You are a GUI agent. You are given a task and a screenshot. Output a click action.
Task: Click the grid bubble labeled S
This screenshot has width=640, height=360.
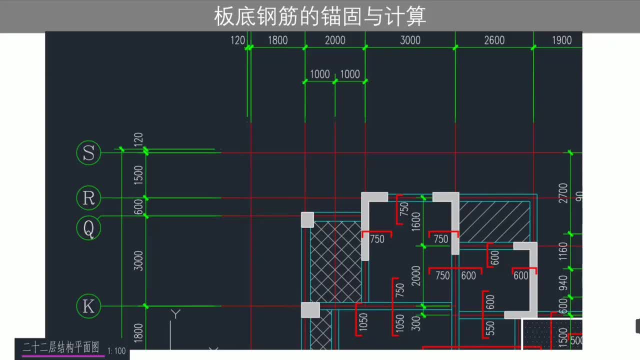[88, 153]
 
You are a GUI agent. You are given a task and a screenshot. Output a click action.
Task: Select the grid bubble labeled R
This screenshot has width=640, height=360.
[88, 198]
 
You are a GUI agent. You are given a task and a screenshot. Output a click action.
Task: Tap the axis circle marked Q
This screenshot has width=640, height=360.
[88, 228]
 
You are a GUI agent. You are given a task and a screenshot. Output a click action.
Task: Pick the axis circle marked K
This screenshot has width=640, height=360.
[88, 306]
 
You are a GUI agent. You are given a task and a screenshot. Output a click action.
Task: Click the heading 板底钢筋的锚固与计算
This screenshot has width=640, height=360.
[320, 16]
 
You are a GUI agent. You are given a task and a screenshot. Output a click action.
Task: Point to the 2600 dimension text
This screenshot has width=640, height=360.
[494, 40]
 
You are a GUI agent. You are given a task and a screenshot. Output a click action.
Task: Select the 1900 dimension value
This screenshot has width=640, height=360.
[561, 40]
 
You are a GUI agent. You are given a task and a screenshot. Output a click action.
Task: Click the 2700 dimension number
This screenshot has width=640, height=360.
[563, 193]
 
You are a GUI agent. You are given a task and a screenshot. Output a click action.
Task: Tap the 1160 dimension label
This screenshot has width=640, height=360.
[563, 251]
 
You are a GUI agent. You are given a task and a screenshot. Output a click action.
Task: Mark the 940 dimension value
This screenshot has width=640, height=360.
[563, 283]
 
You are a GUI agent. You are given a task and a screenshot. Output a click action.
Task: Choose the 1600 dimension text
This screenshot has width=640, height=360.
[416, 221]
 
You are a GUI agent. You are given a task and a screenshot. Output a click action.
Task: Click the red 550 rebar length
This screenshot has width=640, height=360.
[490, 328]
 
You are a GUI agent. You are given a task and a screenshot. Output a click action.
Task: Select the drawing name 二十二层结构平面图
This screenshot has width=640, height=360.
[61, 347]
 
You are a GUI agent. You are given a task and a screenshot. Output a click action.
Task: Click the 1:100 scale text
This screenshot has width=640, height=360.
[116, 351]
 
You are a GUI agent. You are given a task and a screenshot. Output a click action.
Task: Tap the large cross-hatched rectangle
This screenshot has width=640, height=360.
[335, 261]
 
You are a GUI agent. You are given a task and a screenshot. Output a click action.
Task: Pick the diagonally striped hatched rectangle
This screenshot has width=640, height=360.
[494, 222]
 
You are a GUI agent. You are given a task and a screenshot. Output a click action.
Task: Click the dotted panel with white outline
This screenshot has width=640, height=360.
[536, 333]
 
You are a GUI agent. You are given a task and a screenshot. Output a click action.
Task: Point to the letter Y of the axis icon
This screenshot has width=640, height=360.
[175, 314]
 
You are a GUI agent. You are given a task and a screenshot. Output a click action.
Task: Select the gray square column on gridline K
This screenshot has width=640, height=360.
[310, 310]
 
